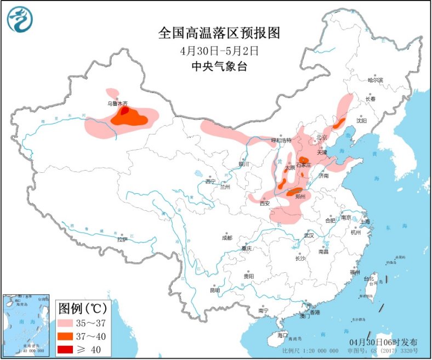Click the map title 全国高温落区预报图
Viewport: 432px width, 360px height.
[219, 33]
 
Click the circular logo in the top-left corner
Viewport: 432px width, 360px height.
[20, 20]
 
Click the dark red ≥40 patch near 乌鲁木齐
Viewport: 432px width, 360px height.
[125, 111]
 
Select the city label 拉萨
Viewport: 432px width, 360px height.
[122, 239]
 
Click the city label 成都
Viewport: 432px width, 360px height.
[226, 238]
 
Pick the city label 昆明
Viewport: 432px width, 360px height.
[214, 290]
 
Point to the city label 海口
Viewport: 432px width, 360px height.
[282, 334]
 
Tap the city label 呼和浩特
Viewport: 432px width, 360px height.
[283, 140]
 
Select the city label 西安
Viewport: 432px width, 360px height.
[265, 203]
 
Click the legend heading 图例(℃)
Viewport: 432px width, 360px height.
[83, 306]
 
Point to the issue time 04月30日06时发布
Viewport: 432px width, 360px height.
[384, 342]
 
